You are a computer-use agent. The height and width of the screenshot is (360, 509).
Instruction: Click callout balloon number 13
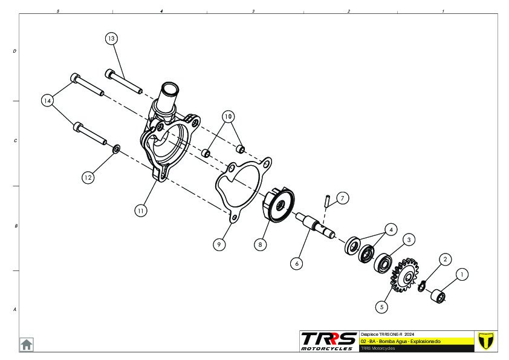point(111,38)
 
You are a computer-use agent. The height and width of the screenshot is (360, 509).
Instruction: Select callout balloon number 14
point(48,100)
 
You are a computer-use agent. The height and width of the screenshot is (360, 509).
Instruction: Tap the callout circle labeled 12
point(88,177)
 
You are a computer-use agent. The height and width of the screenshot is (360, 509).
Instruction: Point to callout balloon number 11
point(140,211)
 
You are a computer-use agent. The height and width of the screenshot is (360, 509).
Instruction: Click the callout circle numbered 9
point(219,244)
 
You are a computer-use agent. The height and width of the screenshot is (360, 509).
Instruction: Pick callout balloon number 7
point(342,198)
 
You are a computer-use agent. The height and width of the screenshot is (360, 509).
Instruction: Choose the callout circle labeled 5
point(381,307)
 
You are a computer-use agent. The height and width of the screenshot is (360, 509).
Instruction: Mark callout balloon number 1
point(462,274)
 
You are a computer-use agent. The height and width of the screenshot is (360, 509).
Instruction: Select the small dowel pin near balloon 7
point(327,200)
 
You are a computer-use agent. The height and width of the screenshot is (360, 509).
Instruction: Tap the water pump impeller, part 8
point(279,207)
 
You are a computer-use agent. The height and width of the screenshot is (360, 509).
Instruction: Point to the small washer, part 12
point(117,148)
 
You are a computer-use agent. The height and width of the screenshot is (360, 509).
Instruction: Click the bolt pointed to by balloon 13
point(124,82)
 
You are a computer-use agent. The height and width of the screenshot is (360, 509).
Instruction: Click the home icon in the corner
point(27,344)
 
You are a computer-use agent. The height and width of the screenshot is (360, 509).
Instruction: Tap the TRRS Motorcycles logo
point(328,341)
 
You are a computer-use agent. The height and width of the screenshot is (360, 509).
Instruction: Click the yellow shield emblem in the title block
point(485,341)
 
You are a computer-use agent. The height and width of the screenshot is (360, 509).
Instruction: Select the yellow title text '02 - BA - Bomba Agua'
point(400,341)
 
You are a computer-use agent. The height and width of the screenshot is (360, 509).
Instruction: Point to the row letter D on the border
point(15,51)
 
